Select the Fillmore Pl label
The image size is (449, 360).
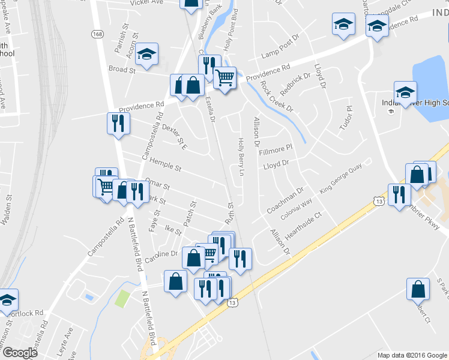point(275,148)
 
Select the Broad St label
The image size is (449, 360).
point(122,70)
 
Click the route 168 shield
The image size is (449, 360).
point(97,35)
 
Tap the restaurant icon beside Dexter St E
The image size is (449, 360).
point(117,124)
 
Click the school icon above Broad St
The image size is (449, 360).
point(146,55)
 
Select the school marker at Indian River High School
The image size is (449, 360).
point(405,92)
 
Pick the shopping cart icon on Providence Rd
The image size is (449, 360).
point(224,77)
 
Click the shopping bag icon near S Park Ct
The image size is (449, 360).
point(418,289)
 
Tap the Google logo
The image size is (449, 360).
point(20,352)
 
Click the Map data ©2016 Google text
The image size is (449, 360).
point(411,355)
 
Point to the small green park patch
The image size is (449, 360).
point(122,298)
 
